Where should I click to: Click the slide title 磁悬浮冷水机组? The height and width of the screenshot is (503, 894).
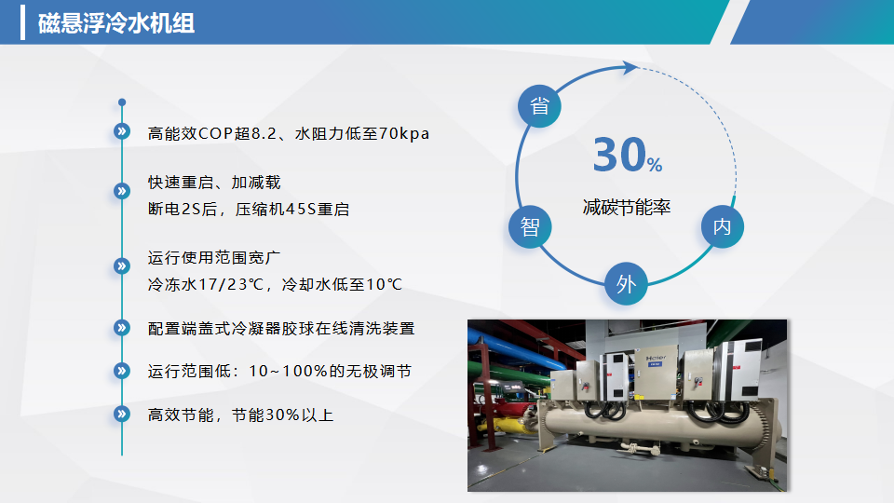[x=116, y=23]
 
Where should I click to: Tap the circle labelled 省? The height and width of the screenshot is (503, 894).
[x=539, y=106]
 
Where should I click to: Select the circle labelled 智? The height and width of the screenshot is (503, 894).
[x=530, y=227]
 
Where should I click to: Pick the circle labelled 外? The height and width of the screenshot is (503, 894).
[x=626, y=283]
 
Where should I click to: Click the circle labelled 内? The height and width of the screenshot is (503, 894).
[x=723, y=226]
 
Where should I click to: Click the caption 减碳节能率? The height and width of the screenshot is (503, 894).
[x=627, y=207]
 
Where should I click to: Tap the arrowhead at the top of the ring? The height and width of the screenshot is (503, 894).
[x=630, y=67]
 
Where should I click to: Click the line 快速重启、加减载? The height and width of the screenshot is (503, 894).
[x=214, y=183]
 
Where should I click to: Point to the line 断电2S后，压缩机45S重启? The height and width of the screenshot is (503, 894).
[x=249, y=210]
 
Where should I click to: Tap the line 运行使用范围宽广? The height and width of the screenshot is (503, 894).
[x=214, y=258]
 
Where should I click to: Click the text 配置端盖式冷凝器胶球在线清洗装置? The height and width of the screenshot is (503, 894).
[x=281, y=329]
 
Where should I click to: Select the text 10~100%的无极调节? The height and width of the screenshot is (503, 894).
[x=330, y=372]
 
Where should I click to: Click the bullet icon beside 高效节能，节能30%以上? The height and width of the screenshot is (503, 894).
[x=121, y=414]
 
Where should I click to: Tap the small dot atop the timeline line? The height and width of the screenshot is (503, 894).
[x=122, y=102]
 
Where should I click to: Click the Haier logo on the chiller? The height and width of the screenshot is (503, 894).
[x=656, y=358]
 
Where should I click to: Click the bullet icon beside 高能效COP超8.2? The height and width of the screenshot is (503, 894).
[x=121, y=131]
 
